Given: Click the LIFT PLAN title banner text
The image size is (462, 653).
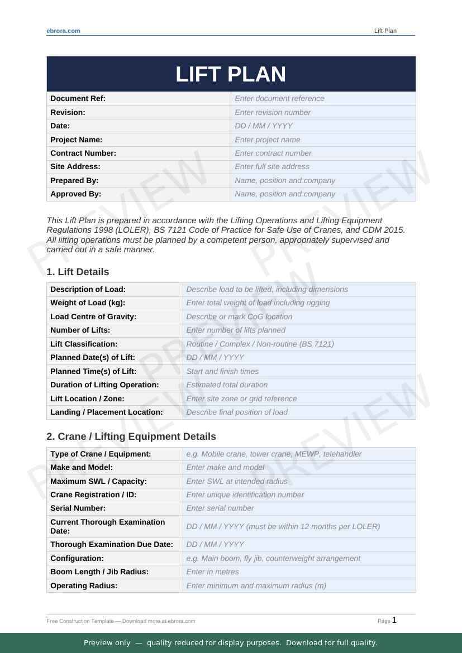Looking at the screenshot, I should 231,74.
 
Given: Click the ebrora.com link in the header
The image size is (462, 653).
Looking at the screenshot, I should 63,31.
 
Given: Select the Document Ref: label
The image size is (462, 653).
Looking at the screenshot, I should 78,99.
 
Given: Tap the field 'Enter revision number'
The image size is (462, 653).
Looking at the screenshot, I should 273,112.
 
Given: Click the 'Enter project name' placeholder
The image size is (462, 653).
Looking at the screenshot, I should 267,140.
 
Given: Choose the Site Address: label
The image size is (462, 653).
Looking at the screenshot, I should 75,166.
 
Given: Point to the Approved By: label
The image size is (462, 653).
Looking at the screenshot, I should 75,194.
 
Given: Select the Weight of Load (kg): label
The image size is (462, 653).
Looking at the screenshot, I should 88,303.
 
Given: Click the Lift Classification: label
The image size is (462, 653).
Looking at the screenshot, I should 84,344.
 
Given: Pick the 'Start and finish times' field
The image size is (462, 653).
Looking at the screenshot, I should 222,371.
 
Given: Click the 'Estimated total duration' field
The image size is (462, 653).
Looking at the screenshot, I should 227,385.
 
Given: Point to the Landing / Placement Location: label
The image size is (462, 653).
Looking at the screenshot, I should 106,412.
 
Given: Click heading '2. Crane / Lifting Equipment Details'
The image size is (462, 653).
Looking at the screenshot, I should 131,436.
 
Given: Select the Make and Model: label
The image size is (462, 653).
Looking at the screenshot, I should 82,467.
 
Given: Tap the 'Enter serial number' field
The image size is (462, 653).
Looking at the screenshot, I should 220,508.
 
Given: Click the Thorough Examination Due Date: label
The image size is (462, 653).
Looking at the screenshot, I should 112,544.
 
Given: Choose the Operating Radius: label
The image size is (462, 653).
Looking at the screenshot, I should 84,585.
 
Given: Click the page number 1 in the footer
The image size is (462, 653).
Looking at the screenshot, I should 394,620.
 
